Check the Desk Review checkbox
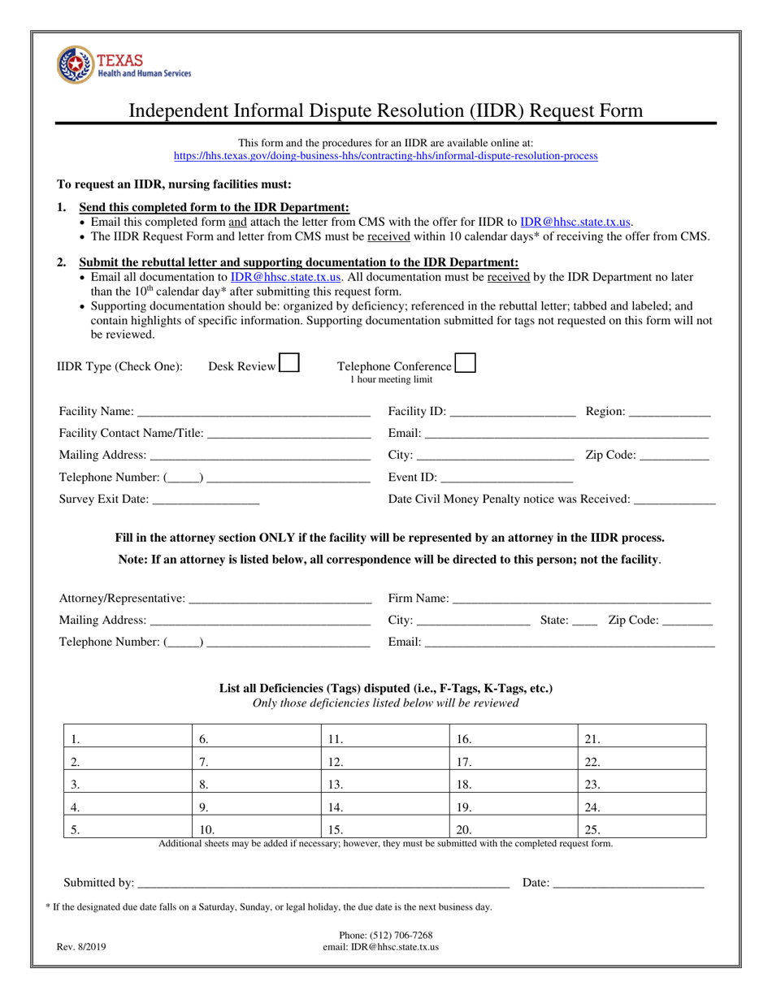288,362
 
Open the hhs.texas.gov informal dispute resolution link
386,156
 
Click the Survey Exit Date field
206,500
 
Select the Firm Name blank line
581,599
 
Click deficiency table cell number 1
128,740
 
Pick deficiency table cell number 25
642,831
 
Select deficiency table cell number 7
256,763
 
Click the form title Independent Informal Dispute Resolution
386,111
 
